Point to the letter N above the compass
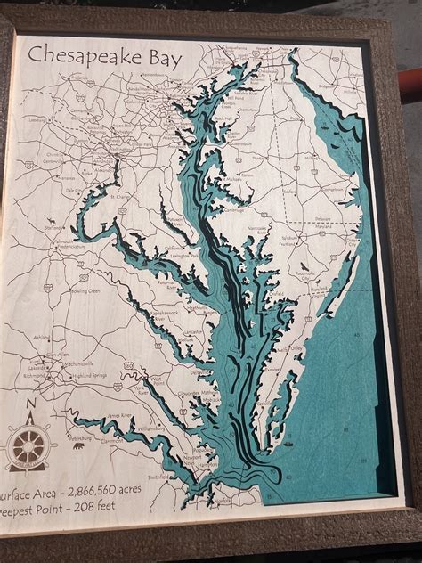(32, 409)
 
